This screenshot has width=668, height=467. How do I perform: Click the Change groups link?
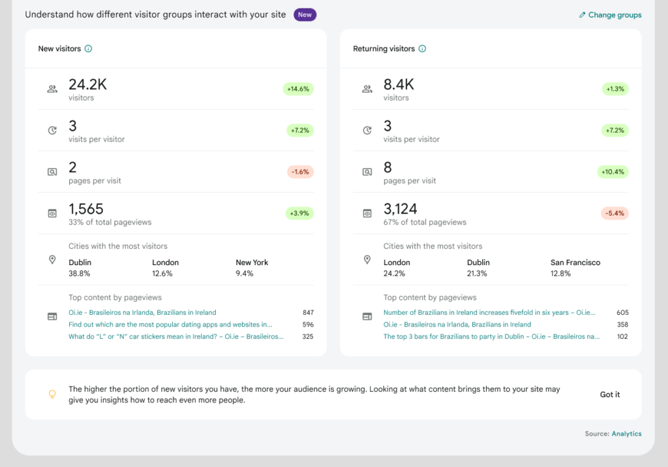click(x=610, y=15)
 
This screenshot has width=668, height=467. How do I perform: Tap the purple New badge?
click(x=305, y=14)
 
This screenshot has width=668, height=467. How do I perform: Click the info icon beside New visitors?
click(x=88, y=49)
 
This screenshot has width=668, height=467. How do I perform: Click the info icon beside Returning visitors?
click(x=422, y=49)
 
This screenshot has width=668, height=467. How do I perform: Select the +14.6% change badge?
click(x=298, y=89)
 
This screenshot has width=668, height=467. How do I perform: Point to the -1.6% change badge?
click(x=300, y=172)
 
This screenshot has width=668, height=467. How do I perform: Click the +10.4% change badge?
click(x=613, y=172)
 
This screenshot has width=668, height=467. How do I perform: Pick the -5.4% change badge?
click(x=615, y=213)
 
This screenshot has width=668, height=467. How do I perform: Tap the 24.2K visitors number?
click(x=87, y=85)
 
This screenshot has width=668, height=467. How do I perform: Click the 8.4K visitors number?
click(x=399, y=85)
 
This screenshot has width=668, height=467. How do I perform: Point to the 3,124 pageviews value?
click(x=400, y=209)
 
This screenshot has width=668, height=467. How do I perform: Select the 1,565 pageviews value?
click(x=86, y=209)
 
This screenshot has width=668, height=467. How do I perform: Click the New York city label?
click(x=252, y=263)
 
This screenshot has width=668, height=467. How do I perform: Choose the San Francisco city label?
click(x=575, y=263)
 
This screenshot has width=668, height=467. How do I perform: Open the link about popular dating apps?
click(x=170, y=325)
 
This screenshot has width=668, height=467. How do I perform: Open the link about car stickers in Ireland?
click(x=176, y=336)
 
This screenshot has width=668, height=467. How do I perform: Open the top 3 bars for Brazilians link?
click(x=491, y=336)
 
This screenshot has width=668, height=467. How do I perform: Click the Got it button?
click(x=610, y=395)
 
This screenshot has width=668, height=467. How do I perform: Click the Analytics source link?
click(x=626, y=434)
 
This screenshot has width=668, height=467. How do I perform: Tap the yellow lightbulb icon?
click(x=52, y=395)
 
